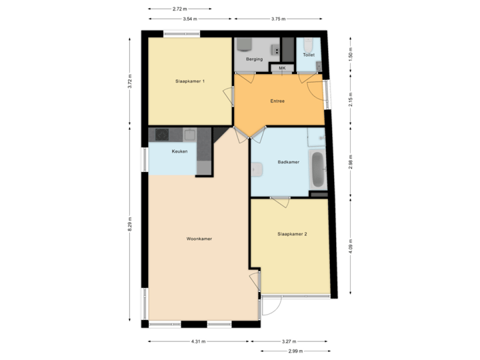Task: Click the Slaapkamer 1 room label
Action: tap(190, 81)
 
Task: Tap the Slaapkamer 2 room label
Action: tap(292, 234)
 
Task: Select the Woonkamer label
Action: tap(199, 239)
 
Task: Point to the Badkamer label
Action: tap(288, 162)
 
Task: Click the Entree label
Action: tap(277, 101)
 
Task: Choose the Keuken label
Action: tap(179, 151)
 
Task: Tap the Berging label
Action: tap(253, 59)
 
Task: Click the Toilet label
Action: tap(308, 55)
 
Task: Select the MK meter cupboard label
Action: tap(281, 68)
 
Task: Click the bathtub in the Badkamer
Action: tap(318, 170)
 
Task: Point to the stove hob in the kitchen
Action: tap(163, 135)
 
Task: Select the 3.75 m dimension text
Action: tap(279, 18)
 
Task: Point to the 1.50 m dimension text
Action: tap(351, 53)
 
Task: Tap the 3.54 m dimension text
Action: tap(189, 18)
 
